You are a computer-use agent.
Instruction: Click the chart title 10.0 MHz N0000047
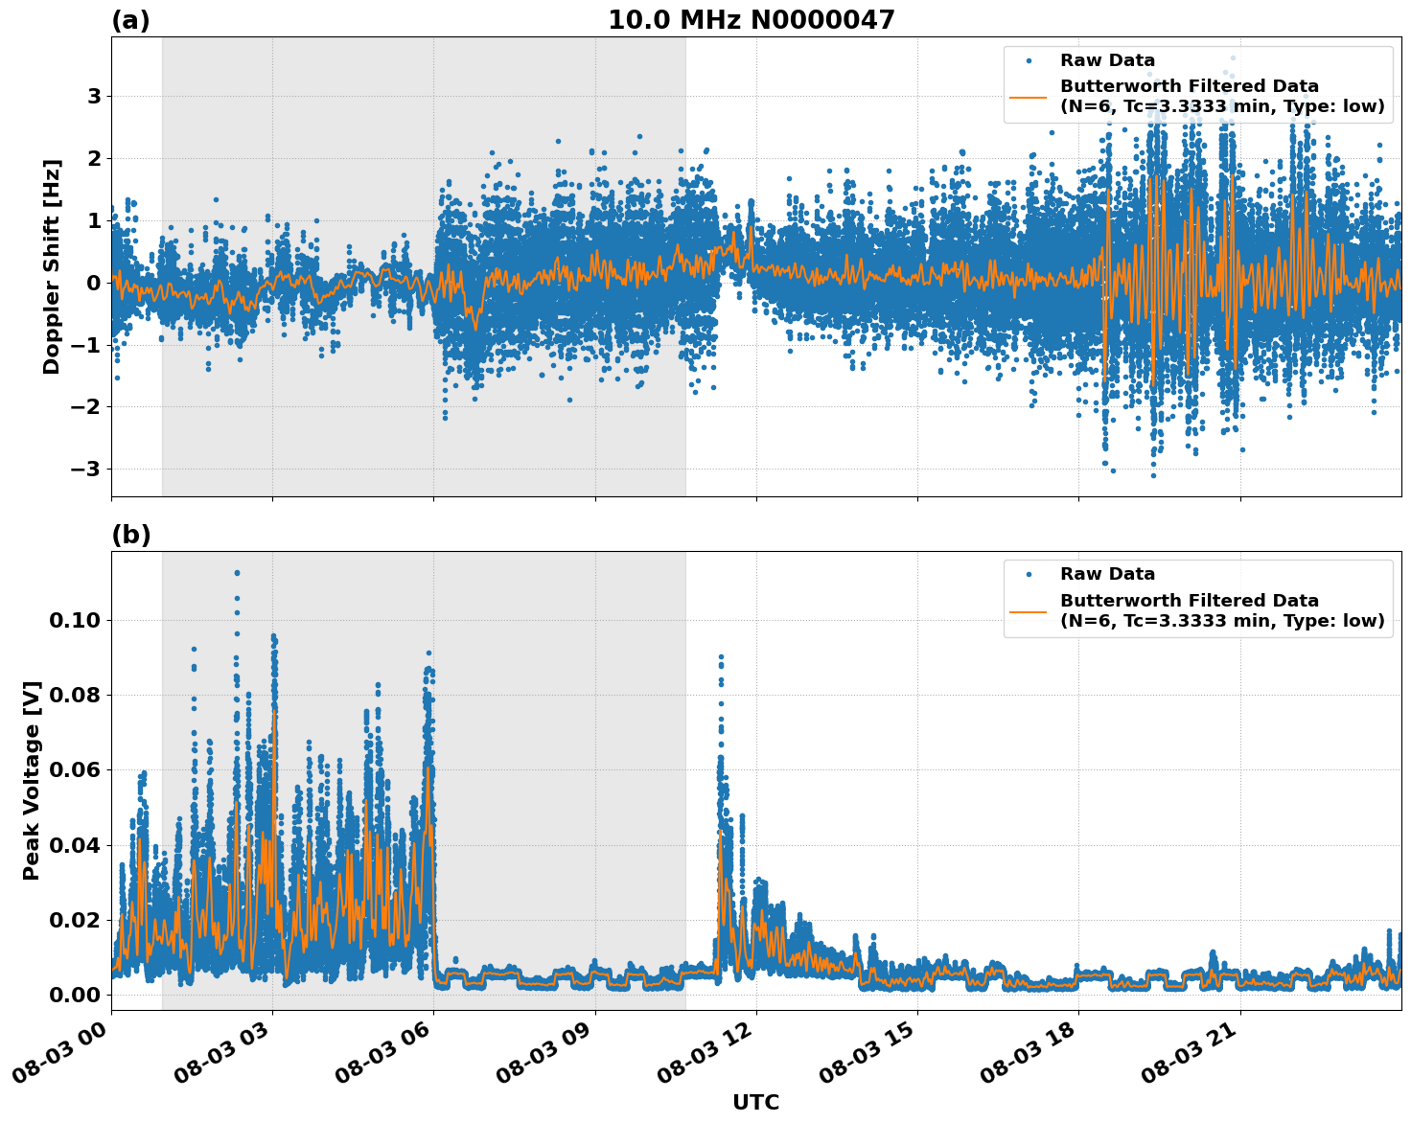tap(751, 20)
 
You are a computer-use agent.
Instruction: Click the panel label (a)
tap(130, 20)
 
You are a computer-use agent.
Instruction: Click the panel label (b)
tap(130, 535)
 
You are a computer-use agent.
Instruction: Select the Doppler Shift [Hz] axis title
tap(52, 266)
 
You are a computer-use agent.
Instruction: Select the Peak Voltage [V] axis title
tap(32, 780)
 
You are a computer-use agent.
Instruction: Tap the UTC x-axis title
tap(755, 1102)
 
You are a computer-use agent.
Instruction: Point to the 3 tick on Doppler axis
tap(94, 96)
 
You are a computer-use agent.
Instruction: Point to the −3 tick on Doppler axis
tap(86, 469)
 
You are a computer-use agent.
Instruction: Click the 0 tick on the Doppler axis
tap(94, 283)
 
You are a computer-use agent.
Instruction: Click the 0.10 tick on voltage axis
tap(75, 620)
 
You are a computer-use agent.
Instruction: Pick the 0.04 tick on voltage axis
tap(75, 845)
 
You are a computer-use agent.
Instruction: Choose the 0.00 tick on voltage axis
tap(75, 995)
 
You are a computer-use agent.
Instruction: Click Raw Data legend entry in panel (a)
tap(1107, 60)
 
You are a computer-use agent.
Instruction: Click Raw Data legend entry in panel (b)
tap(1107, 574)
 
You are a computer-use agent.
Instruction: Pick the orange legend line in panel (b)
tap(1028, 610)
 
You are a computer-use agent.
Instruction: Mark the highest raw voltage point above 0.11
tap(237, 573)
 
